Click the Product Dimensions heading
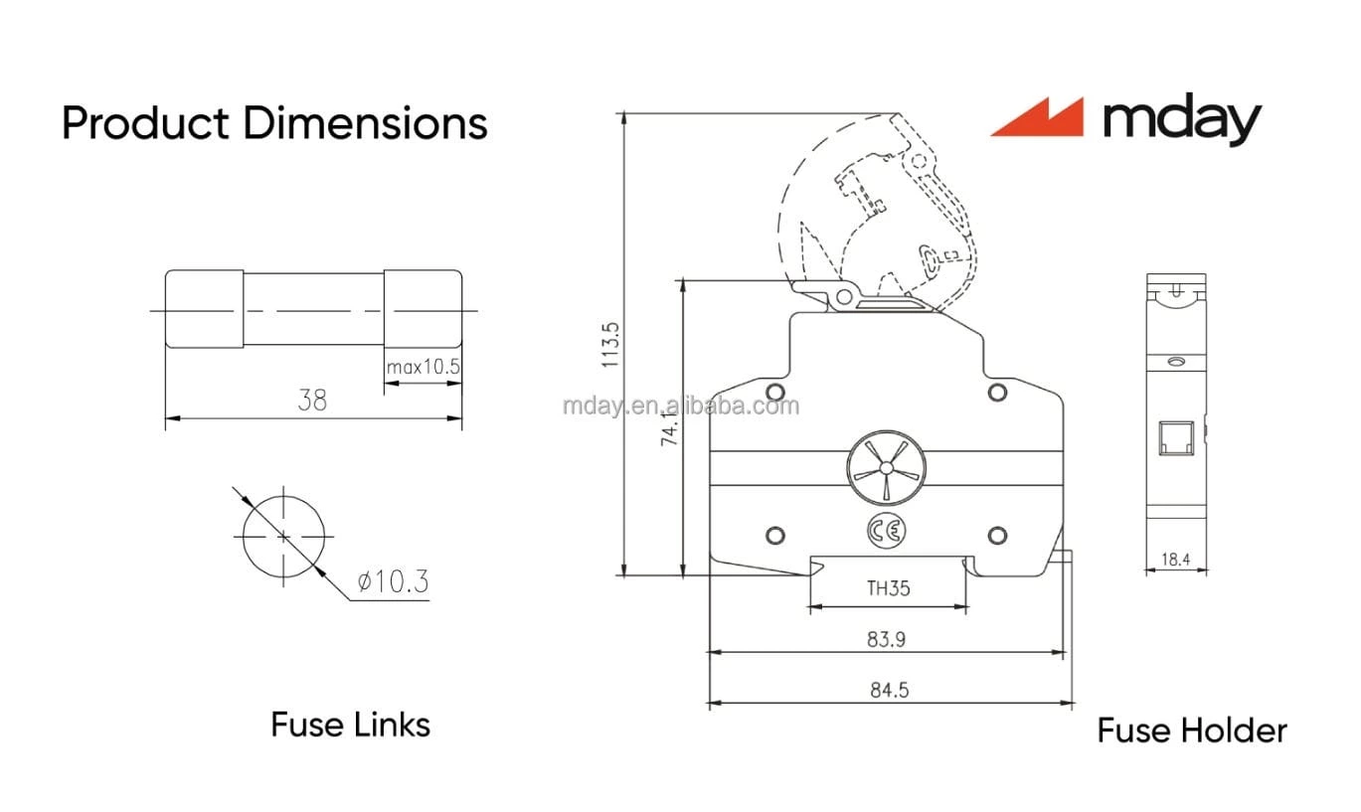(274, 124)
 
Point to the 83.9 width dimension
(886, 639)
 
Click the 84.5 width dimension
(889, 690)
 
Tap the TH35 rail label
(888, 588)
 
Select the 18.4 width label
(1175, 560)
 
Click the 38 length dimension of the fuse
(312, 401)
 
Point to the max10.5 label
(424, 367)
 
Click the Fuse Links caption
(350, 725)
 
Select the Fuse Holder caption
(1191, 731)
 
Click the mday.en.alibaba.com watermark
(680, 406)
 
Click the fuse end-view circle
(283, 536)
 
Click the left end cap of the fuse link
(204, 309)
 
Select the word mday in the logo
(1181, 120)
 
